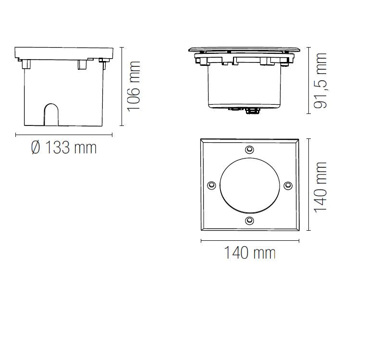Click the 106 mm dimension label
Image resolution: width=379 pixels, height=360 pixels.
134,86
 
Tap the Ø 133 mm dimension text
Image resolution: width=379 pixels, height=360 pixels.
63,148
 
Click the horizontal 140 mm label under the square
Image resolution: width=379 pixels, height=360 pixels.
250,252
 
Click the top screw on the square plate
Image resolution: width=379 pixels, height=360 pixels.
249,149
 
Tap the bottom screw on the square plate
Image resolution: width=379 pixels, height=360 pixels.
249,221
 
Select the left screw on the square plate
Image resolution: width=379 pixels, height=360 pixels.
211,185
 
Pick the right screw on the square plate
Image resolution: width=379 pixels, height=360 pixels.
287,185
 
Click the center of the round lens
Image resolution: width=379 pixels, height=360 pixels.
249,185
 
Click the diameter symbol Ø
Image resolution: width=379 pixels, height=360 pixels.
36,148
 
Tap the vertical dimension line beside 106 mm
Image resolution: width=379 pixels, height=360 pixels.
122,86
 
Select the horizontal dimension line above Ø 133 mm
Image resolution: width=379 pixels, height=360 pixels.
63,135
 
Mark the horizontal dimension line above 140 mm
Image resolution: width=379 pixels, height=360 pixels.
250,240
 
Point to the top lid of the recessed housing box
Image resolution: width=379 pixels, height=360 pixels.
64,52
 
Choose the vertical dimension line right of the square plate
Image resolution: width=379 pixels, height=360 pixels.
309,187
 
